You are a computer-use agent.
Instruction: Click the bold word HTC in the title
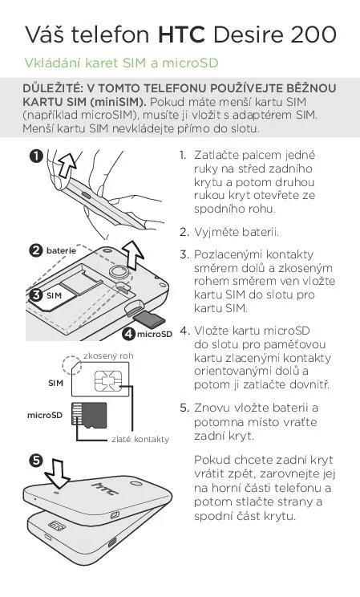[181, 35]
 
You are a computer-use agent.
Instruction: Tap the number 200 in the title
[313, 35]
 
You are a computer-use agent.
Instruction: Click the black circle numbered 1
[37, 156]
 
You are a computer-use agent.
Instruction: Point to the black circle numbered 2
[35, 250]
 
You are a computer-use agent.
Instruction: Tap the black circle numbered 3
[36, 295]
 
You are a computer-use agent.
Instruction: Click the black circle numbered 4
[129, 334]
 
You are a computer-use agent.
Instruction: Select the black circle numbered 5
[35, 461]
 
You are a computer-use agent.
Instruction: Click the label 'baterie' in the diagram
[61, 250]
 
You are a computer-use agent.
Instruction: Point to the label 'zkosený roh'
[108, 356]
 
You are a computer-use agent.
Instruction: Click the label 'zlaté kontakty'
[140, 439]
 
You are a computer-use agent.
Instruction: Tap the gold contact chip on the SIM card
[108, 380]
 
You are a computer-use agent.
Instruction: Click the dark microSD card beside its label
[90, 415]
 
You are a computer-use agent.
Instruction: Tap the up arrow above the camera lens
[133, 255]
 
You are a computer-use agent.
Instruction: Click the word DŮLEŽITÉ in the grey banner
[52, 88]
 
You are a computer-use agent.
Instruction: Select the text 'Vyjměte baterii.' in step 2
[237, 232]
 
